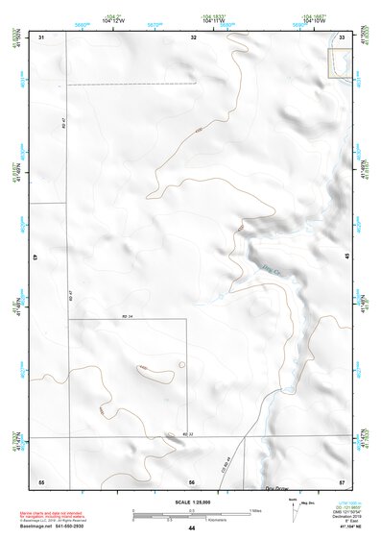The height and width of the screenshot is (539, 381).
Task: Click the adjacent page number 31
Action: click(x=41, y=37)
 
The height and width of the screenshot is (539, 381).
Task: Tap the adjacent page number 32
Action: click(x=194, y=37)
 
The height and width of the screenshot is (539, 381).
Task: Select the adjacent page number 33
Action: click(x=343, y=37)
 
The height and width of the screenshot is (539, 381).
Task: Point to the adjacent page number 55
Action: click(x=41, y=480)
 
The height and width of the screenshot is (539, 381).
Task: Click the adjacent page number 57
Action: click(x=343, y=480)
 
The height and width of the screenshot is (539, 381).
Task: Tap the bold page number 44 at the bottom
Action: click(x=192, y=528)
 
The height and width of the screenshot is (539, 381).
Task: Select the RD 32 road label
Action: click(x=188, y=433)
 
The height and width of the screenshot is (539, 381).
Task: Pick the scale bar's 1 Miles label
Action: click(x=255, y=510)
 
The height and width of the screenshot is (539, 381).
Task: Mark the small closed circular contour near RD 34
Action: click(x=181, y=365)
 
